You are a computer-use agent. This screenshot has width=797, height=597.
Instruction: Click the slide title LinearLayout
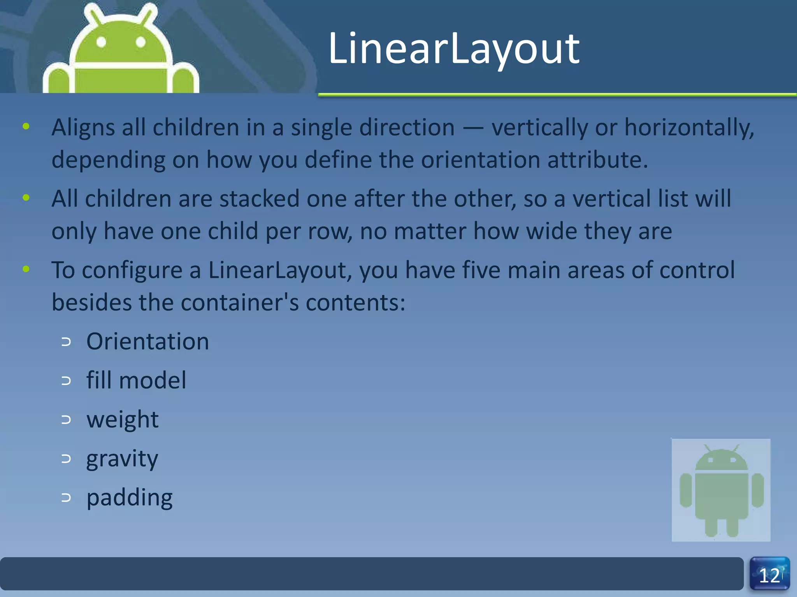pos(454,49)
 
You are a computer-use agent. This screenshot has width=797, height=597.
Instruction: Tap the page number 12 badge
pos(769,575)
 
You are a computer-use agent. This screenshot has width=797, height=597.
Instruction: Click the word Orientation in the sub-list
pos(147,341)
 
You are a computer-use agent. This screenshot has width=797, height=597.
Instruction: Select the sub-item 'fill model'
pos(136,380)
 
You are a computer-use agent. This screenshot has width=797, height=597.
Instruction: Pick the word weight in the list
pos(122,420)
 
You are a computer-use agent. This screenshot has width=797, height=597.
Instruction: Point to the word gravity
pos(122,459)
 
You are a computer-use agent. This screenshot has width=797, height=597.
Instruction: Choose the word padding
pos(129,498)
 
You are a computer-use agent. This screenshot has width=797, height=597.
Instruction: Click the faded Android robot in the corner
pos(721,490)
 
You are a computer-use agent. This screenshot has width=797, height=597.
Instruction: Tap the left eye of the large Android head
pos(101,42)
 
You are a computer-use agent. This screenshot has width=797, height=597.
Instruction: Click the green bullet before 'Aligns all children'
pos(26,126)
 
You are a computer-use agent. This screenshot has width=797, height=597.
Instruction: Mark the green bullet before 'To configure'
pos(26,269)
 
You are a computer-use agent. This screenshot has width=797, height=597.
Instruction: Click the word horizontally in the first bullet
pos(689,127)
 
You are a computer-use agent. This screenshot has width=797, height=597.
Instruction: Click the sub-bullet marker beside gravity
pos(66,459)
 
